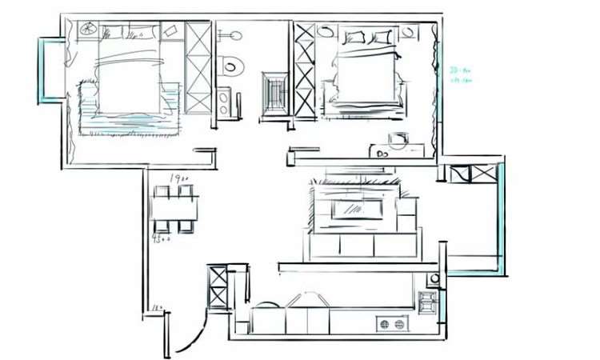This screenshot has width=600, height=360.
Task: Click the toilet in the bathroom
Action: coord(230,64)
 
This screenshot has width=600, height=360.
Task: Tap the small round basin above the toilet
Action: coord(232,36)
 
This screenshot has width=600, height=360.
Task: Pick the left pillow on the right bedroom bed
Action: coord(354,37)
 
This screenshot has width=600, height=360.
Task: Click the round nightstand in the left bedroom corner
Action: coord(87,30)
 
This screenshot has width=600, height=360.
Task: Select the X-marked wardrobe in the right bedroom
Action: coord(304,70)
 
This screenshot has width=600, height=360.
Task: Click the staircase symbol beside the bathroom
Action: coord(274,94)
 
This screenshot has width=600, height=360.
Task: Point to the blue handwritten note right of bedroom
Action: coord(460,74)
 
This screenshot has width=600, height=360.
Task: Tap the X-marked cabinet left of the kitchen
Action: coord(218,287)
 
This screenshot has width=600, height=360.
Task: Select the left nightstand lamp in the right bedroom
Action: coord(326,31)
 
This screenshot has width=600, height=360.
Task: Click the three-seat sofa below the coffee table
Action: coord(362,244)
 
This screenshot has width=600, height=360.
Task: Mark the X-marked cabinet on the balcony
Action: coord(472,174)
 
